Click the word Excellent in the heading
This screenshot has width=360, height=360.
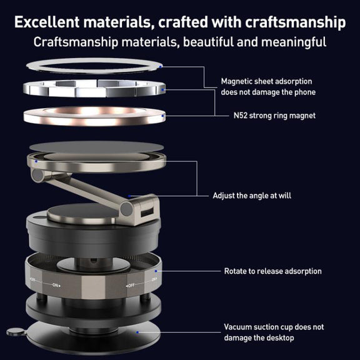pyautogui.click(x=47, y=22)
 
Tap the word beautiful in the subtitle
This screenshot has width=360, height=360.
pyautogui.click(x=208, y=42)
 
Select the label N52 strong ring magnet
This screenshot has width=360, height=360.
pyautogui.click(x=274, y=116)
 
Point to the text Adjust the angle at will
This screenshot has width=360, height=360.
pyautogui.click(x=252, y=196)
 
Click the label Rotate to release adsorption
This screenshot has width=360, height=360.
pyautogui.click(x=272, y=271)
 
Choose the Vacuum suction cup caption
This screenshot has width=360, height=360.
pyautogui.click(x=274, y=332)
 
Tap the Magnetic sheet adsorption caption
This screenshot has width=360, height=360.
pyautogui.click(x=268, y=87)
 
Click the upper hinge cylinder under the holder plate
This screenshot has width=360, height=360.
pyautogui.click(x=37, y=176)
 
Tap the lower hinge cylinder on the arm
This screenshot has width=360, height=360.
pyautogui.click(x=126, y=209)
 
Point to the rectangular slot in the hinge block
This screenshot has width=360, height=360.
pyautogui.click(x=147, y=212)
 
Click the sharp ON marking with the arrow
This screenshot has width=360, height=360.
pyautogui.click(x=56, y=285)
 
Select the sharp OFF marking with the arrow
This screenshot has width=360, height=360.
pyautogui.click(x=130, y=286)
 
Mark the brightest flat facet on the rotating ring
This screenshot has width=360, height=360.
pyautogui.click(x=93, y=287)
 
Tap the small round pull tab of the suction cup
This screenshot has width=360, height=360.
pyautogui.click(x=16, y=332)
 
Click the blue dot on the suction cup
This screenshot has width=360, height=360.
pyautogui.click(x=137, y=332)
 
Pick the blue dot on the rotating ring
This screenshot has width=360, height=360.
pyautogui.click(x=156, y=271)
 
